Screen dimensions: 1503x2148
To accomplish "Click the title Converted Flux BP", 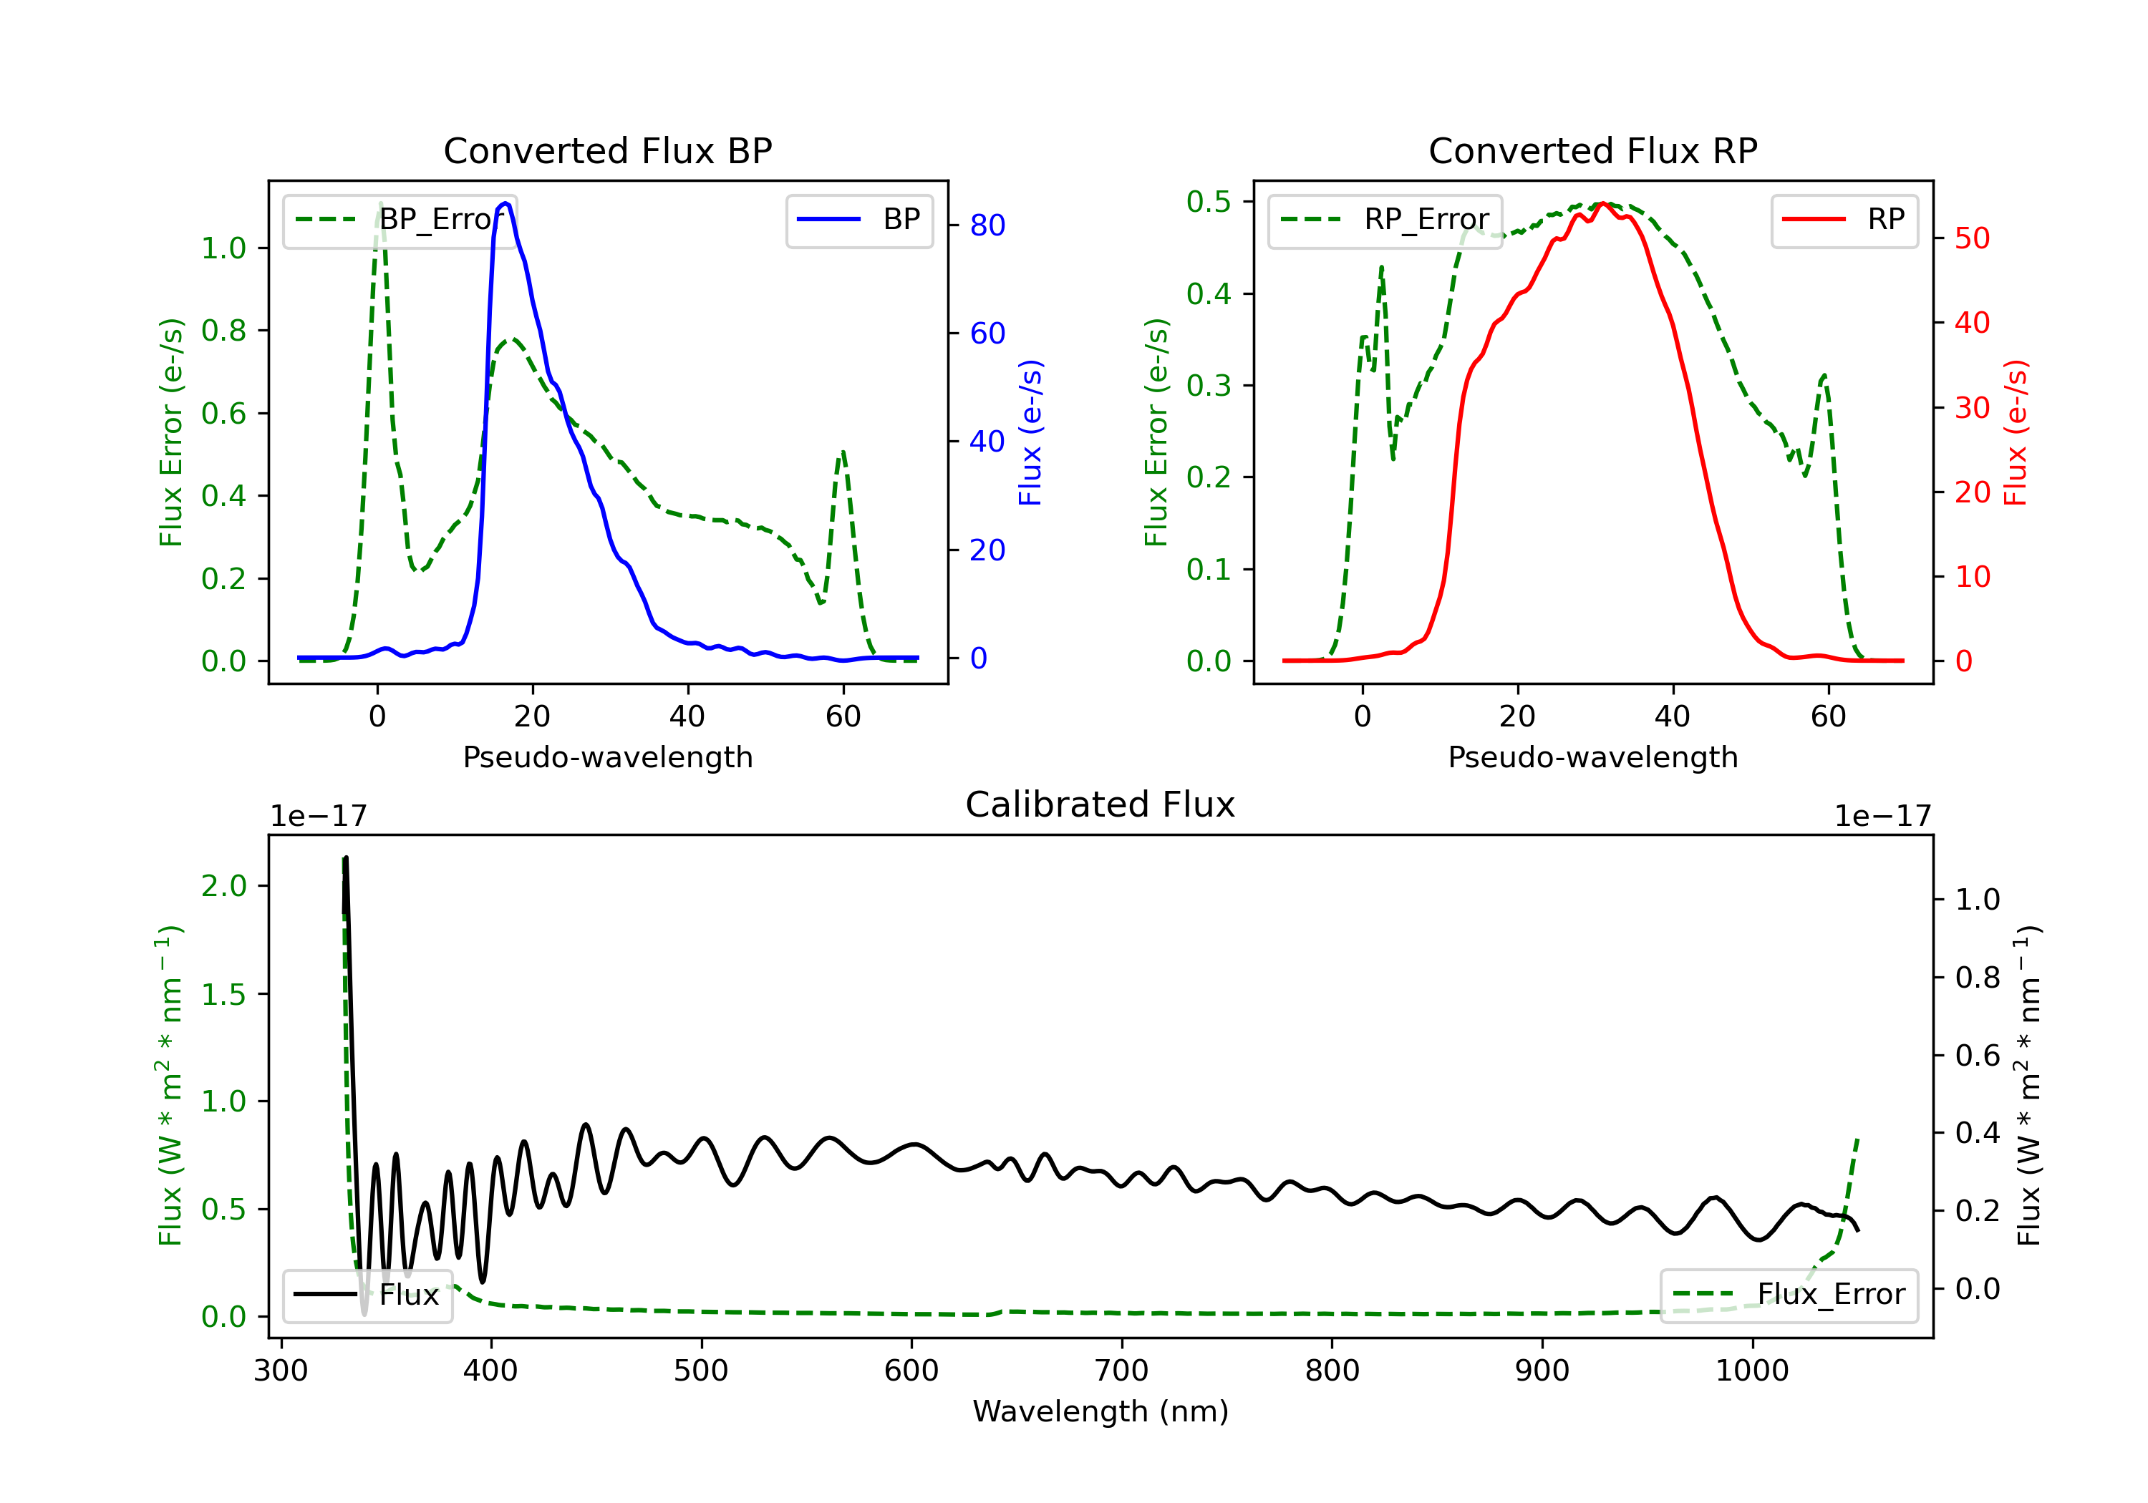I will coord(607,150).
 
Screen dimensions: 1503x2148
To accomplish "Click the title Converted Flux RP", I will coord(1592,150).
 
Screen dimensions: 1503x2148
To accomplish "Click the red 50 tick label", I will coord(1972,238).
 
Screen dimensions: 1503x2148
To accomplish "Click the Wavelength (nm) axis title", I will coord(1100,1411).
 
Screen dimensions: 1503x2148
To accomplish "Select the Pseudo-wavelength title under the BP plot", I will coord(607,757).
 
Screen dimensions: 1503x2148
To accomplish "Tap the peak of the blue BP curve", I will coord(505,203).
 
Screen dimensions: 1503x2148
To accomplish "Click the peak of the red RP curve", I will coord(1602,203).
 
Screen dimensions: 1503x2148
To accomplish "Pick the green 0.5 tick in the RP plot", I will coord(1208,201).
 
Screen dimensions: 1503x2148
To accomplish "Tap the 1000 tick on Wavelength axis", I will coord(1751,1371).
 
